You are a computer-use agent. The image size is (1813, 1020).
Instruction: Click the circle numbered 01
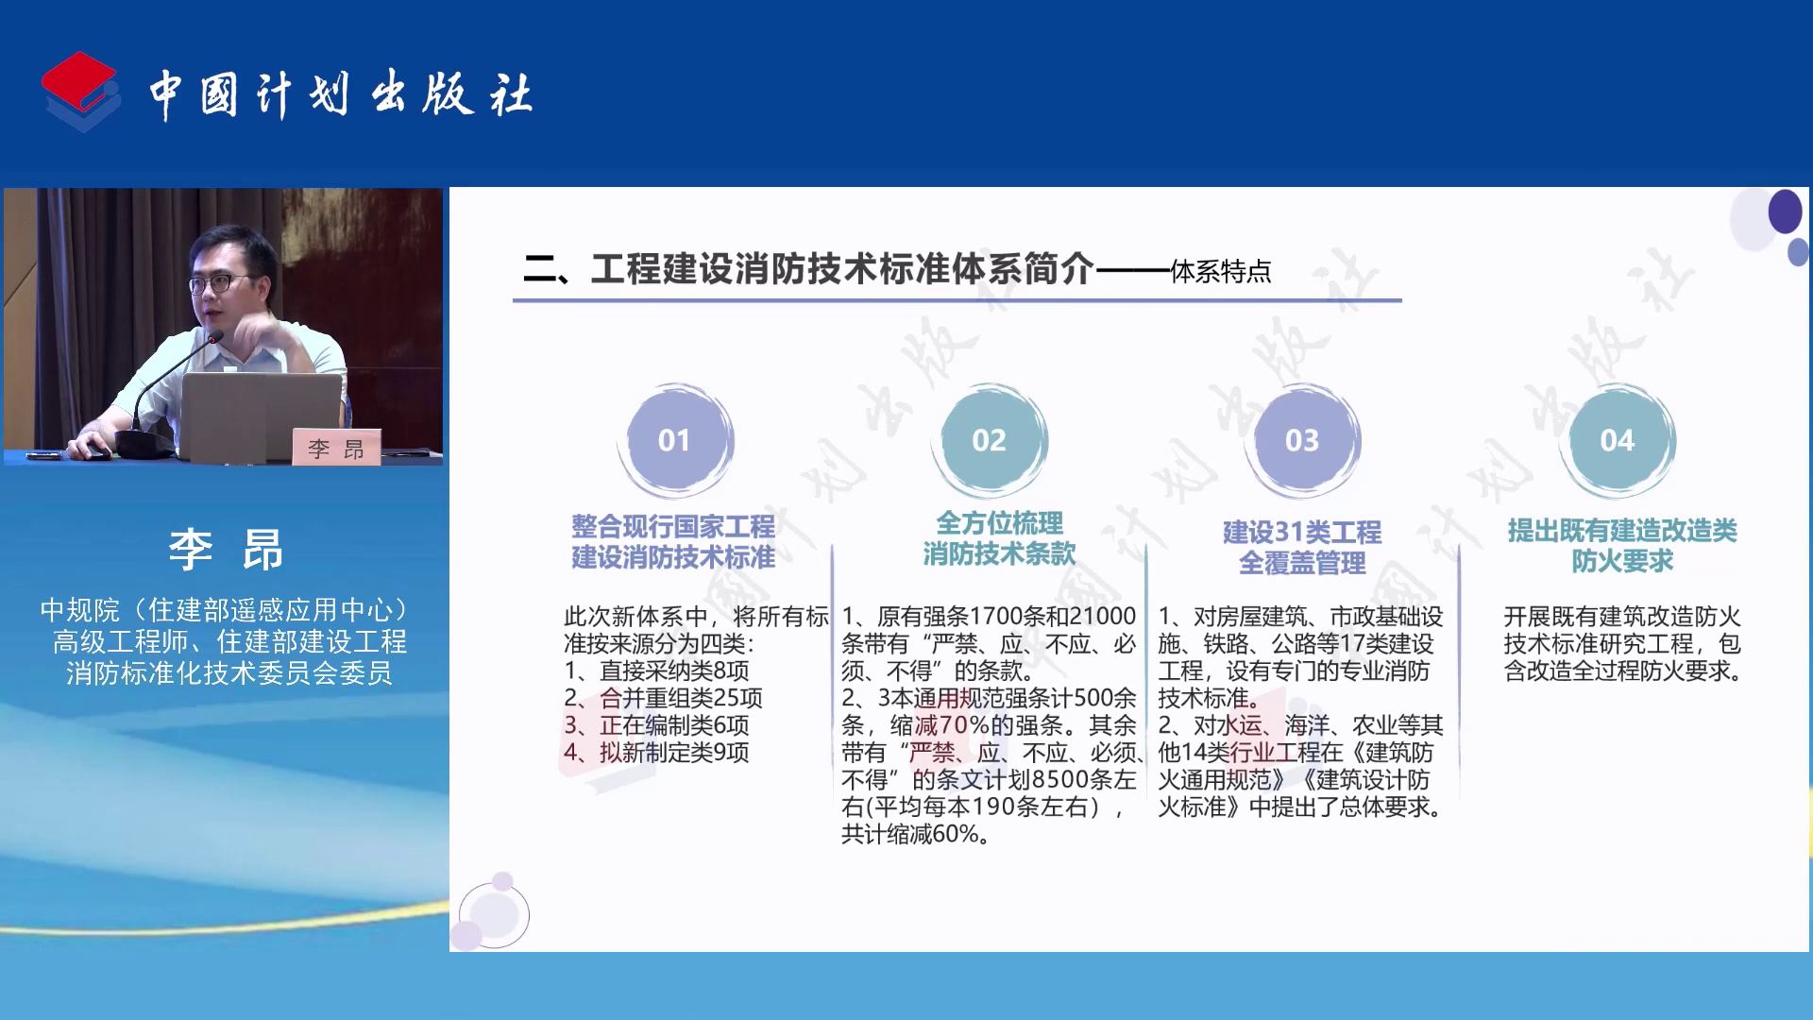point(674,440)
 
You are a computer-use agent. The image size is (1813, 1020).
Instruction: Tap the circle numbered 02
point(989,440)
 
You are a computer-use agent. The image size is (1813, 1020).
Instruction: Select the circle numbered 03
point(1302,440)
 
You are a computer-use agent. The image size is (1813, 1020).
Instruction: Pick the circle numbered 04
point(1618,440)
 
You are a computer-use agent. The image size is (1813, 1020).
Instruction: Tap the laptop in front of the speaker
point(261,416)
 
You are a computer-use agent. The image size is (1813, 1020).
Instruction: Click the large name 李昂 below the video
point(226,549)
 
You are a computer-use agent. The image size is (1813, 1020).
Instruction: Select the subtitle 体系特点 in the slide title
point(1221,272)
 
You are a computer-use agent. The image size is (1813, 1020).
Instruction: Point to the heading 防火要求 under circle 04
point(1622,561)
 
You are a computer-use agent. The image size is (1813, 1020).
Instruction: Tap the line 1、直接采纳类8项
point(656,671)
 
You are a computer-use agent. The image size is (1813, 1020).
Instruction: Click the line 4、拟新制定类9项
point(656,753)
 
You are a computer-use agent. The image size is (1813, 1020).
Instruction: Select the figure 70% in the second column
point(964,725)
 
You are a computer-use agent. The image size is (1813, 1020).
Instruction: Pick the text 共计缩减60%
point(910,834)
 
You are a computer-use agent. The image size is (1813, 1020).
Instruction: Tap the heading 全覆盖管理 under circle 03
point(1302,563)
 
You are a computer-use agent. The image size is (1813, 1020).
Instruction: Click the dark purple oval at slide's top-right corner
point(1785,212)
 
